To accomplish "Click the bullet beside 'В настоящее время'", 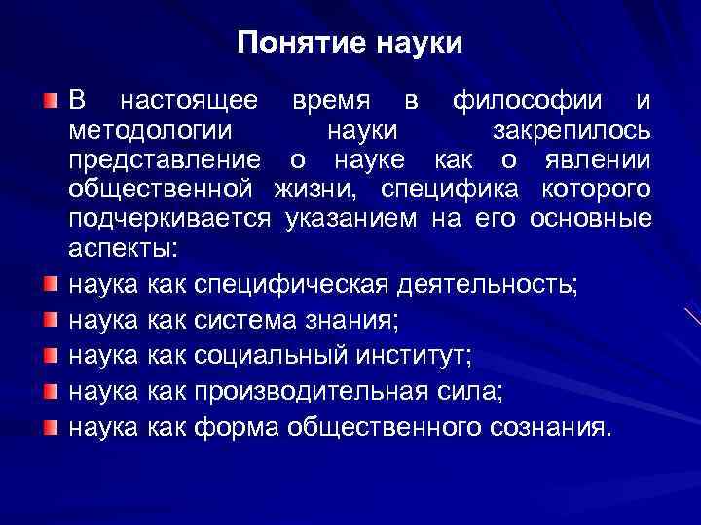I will [50, 101].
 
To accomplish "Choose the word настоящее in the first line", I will [189, 102].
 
